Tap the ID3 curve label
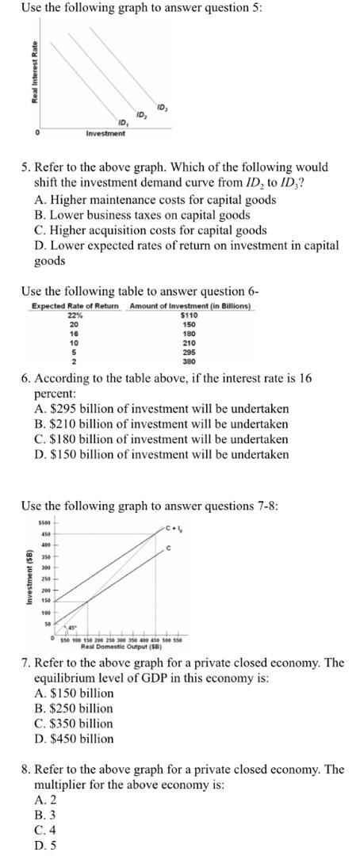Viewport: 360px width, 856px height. pyautogui.click(x=162, y=106)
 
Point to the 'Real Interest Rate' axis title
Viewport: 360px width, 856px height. pyautogui.click(x=34, y=71)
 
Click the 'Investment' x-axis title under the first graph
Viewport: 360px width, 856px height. pyautogui.click(x=105, y=133)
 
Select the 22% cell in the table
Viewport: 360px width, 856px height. pyautogui.click(x=75, y=315)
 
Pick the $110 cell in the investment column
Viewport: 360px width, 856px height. pyautogui.click(x=189, y=315)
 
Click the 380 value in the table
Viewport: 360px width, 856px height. pyautogui.click(x=189, y=361)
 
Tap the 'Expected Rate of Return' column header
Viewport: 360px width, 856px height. pyautogui.click(x=75, y=306)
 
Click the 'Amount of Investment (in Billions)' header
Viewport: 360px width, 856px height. pyautogui.click(x=190, y=306)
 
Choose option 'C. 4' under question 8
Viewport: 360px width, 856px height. pyautogui.click(x=46, y=830)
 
